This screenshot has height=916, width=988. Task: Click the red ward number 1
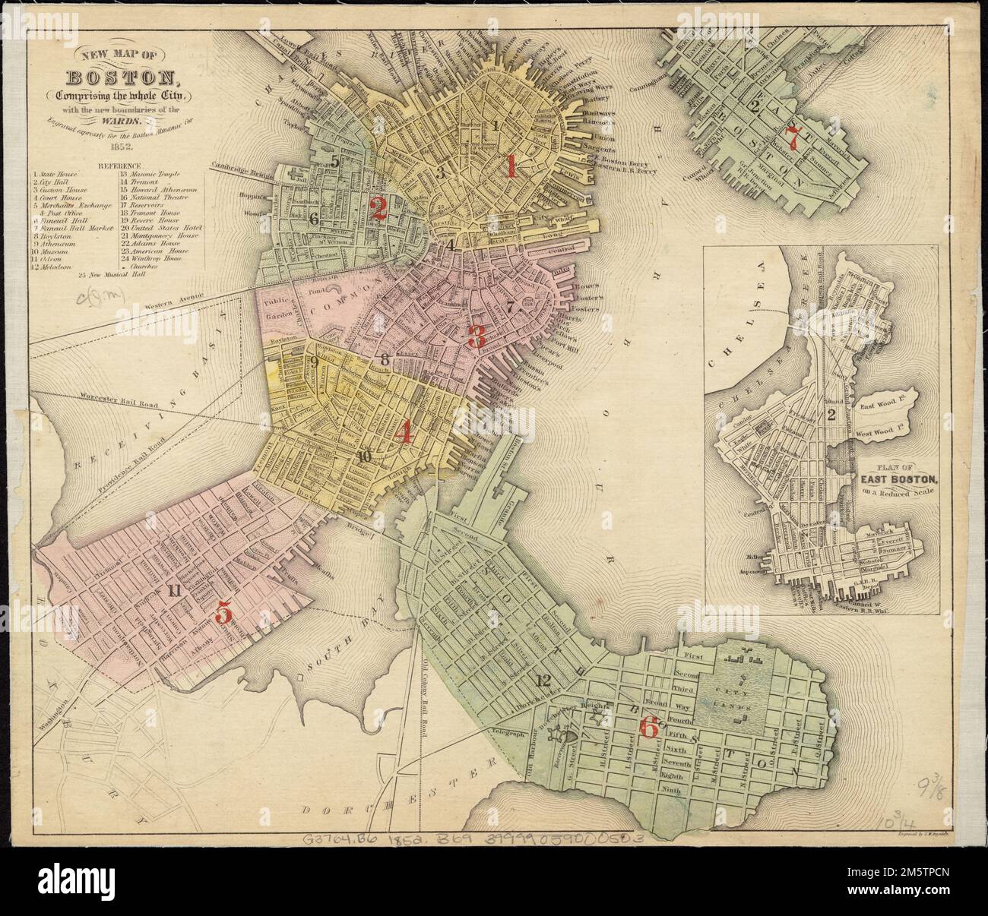[x=511, y=166]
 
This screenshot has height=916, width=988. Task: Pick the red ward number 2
[x=378, y=208]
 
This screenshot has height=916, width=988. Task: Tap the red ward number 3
[x=477, y=336]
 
